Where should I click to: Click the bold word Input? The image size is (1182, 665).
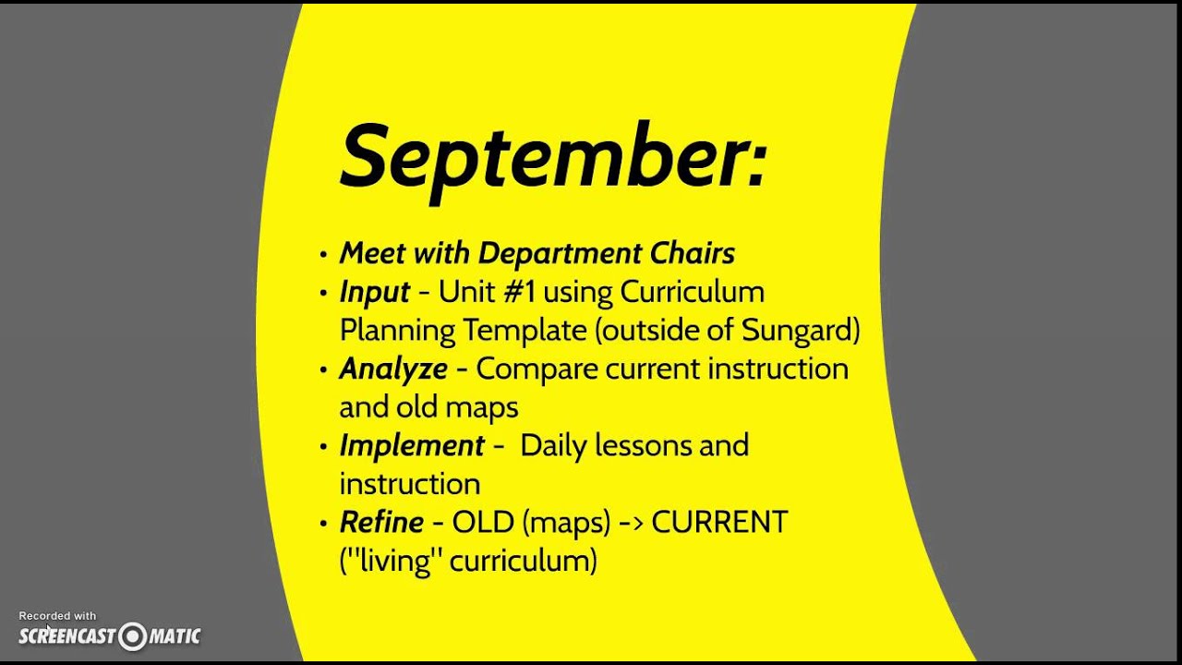coord(374,292)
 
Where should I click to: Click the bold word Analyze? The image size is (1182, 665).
coord(393,369)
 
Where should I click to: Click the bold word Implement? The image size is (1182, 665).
coord(412,445)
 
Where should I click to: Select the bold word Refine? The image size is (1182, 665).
coord(381,522)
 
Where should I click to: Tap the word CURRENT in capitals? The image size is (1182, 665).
coord(719,522)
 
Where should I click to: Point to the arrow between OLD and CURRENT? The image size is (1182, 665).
coord(631,523)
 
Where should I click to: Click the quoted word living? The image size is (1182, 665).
coord(398,561)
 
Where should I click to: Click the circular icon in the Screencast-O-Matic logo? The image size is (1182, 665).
coord(133,635)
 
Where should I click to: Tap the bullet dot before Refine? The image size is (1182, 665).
coord(322,524)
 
